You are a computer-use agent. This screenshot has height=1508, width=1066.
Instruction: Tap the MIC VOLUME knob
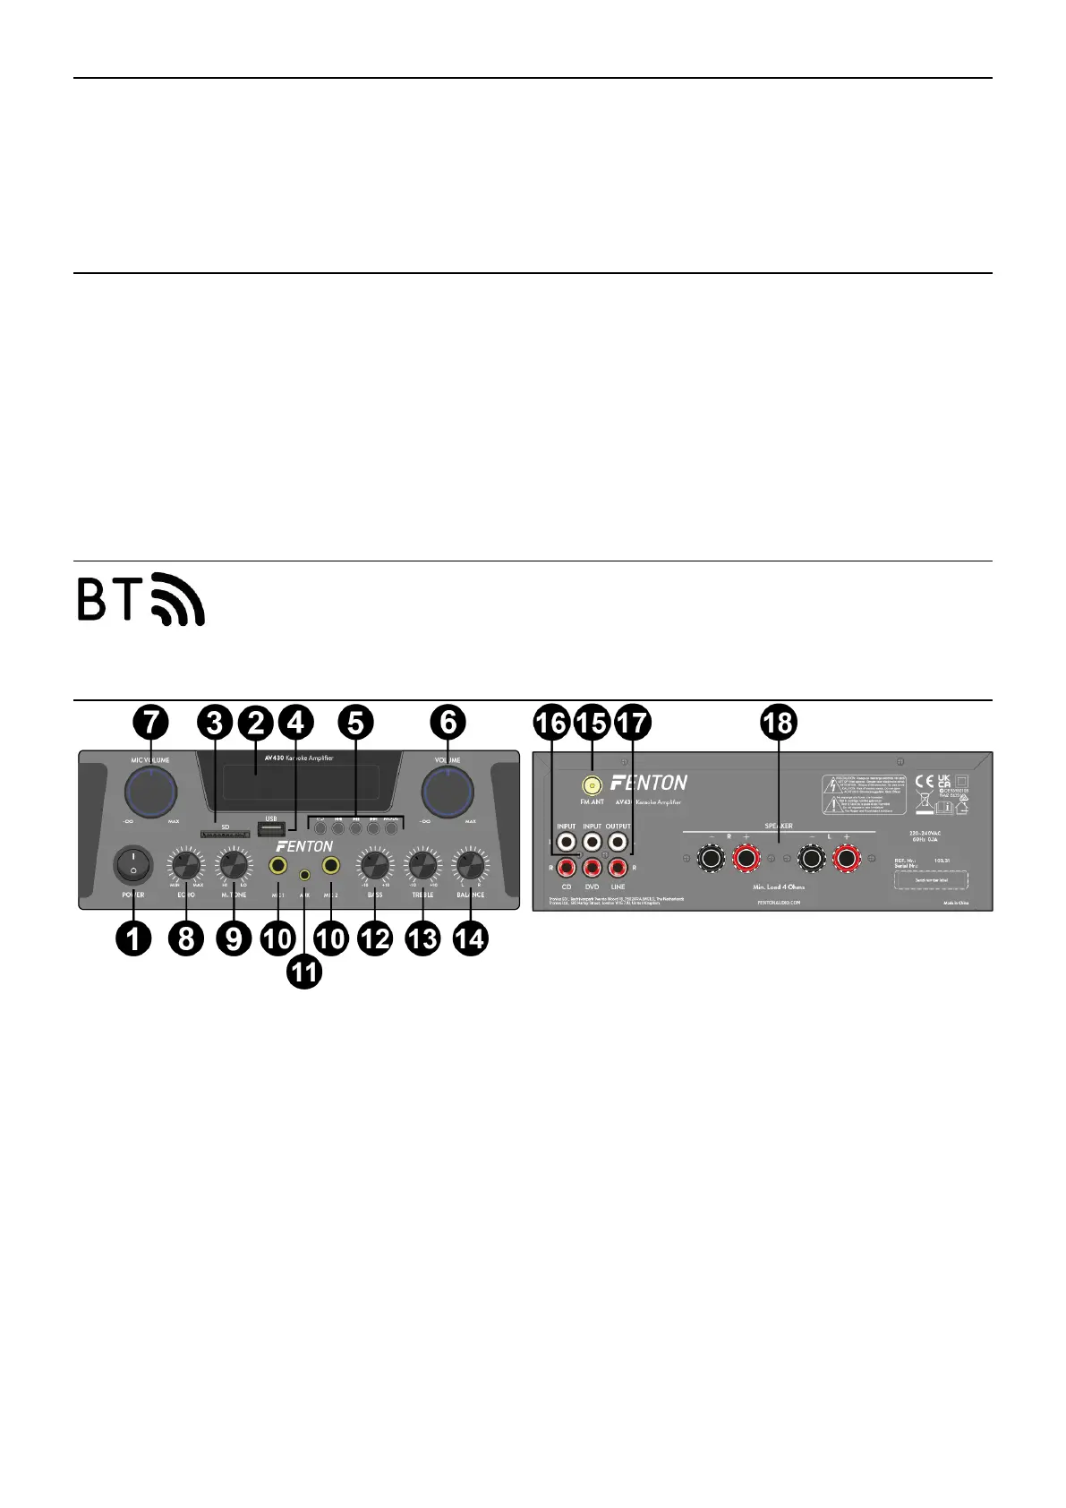click(151, 790)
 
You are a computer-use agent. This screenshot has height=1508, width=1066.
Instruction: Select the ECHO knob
click(186, 865)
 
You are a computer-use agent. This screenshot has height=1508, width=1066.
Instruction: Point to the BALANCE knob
click(471, 865)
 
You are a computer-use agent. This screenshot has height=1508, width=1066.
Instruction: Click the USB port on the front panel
click(271, 828)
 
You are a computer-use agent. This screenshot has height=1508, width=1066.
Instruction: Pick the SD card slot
click(225, 835)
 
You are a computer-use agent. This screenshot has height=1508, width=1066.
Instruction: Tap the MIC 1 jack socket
click(278, 866)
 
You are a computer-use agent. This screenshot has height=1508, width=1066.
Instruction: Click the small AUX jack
click(305, 874)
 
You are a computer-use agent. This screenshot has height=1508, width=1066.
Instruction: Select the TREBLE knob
click(422, 865)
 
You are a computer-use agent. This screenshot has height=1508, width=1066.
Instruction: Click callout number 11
click(304, 972)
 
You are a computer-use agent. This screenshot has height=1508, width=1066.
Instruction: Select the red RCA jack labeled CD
click(567, 867)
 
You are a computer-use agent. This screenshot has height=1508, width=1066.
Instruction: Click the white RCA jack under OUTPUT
click(618, 843)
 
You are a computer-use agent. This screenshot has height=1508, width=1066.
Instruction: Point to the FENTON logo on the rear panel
click(649, 783)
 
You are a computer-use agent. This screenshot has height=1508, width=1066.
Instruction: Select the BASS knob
click(374, 865)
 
